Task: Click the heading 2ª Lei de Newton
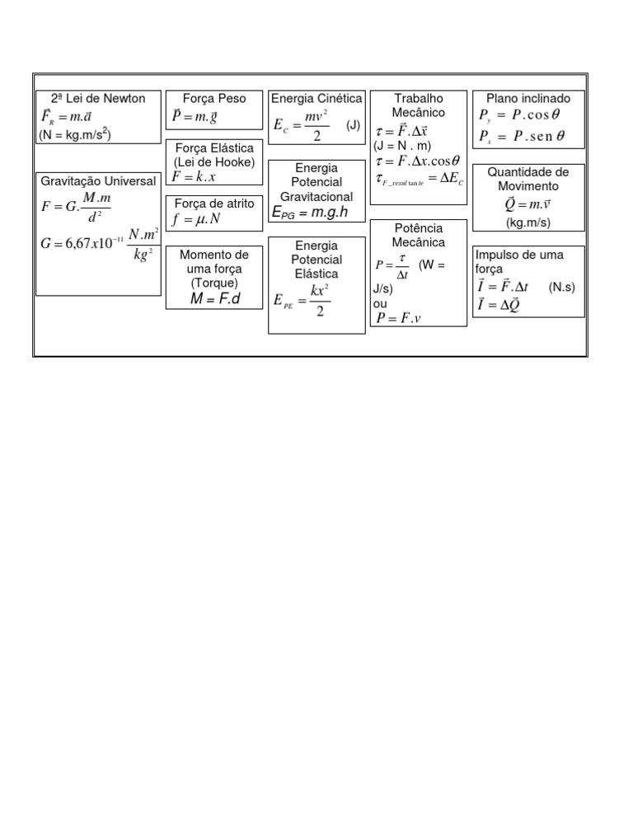pos(98,99)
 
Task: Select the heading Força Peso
pos(214,99)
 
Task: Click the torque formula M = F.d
pos(214,298)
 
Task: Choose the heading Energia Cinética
pos(316,99)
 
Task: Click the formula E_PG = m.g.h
pos(309,213)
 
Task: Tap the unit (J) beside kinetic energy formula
pos(353,125)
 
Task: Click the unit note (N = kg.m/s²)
pos(76,134)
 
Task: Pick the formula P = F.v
pos(398,318)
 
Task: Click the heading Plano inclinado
pos(528,99)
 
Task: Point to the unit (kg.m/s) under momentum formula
pos(528,223)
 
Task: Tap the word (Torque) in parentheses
pos(213,283)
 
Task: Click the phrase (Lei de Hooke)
pos(214,161)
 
